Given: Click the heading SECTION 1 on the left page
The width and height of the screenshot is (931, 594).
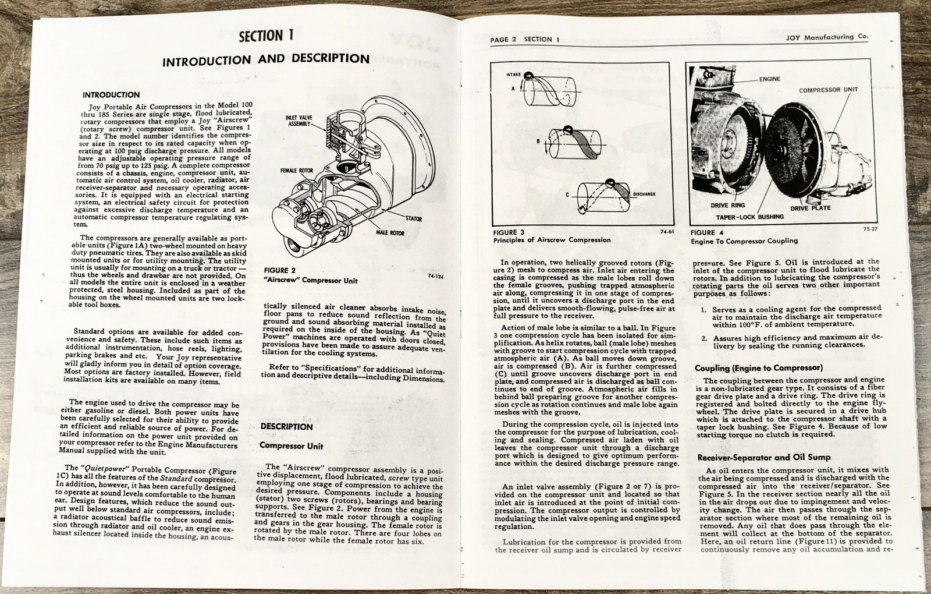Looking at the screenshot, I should (266, 36).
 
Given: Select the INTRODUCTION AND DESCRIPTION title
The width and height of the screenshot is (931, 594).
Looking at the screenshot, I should (265, 59).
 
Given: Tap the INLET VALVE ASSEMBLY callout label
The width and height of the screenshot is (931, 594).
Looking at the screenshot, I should (299, 121).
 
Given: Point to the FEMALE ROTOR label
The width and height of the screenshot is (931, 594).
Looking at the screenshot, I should (297, 171).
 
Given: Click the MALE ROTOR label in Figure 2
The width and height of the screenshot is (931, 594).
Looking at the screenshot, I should (389, 233).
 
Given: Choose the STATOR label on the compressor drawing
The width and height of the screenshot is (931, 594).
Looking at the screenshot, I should (414, 219).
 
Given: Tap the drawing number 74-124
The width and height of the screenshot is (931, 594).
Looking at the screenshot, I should (435, 277).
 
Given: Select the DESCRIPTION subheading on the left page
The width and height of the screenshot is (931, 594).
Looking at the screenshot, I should (286, 427).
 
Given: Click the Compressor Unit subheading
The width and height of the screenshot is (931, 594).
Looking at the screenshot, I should (291, 446).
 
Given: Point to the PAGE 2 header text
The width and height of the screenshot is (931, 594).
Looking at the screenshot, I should (503, 40).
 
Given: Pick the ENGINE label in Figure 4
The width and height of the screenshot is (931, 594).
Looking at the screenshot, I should (769, 79).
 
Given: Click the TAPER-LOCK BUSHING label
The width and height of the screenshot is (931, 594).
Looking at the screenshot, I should (749, 217).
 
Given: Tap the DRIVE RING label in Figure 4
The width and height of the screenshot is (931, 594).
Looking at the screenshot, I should (727, 206).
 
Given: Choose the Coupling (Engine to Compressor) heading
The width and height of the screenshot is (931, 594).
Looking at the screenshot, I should (758, 368).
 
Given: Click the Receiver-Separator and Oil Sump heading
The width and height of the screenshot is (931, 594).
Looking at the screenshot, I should (763, 457).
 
